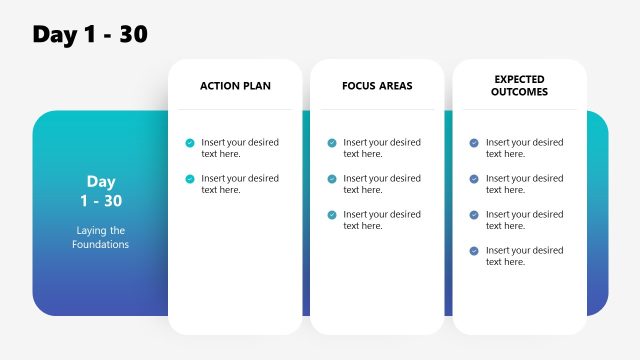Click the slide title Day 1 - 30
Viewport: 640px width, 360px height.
pos(90,34)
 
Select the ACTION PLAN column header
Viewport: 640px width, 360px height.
pos(235,86)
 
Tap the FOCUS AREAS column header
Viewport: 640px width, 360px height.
pos(377,86)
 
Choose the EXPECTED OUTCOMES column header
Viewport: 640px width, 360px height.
pos(520,85)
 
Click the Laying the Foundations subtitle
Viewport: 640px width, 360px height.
pos(100,237)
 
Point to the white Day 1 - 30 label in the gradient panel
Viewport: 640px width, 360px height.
pos(100,191)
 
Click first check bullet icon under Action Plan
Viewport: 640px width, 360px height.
pos(190,143)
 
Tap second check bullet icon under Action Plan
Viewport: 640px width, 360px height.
pos(190,179)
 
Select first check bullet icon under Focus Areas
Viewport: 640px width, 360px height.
pos(332,143)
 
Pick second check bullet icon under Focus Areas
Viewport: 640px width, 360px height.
pos(332,179)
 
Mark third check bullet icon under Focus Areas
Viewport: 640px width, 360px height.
pos(332,215)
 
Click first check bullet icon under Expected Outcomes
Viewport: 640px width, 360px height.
pos(474,143)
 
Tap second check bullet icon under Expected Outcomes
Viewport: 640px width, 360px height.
pos(474,179)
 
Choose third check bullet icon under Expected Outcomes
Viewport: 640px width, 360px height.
pos(474,215)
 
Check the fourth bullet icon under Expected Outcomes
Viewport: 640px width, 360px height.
pos(474,251)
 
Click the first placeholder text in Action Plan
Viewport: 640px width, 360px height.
pos(240,148)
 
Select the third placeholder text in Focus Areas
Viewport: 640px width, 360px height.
pos(382,220)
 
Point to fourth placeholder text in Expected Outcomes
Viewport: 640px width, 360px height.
pos(524,256)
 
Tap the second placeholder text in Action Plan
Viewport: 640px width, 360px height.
pos(240,184)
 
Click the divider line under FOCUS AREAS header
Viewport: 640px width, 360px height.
pos(377,109)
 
